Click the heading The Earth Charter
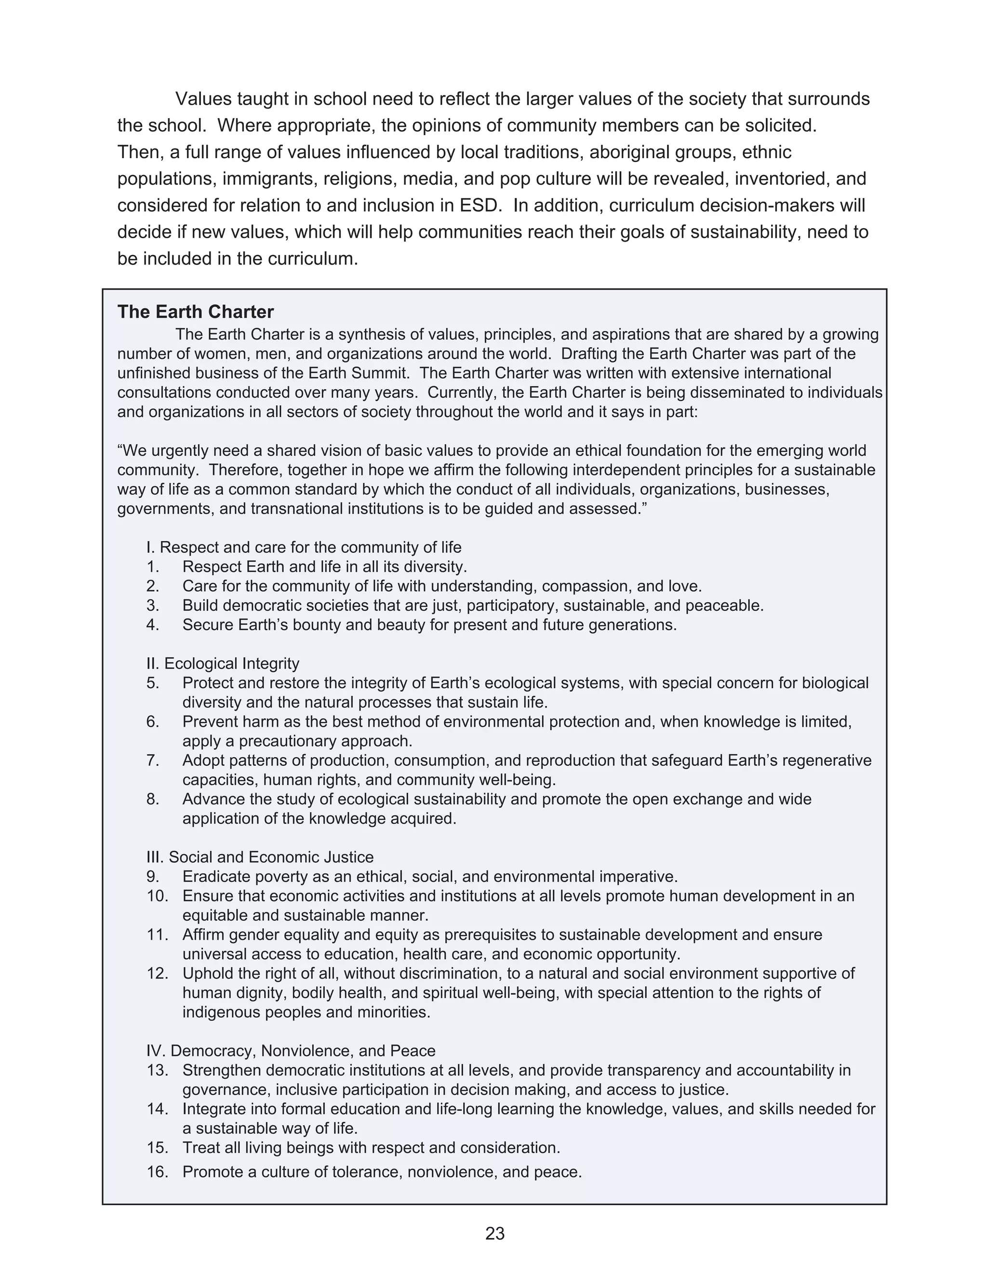click(195, 312)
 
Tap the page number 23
click(494, 1233)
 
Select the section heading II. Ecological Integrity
click(223, 664)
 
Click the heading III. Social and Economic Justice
click(260, 857)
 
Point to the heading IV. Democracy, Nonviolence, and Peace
click(291, 1051)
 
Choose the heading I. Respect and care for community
click(304, 547)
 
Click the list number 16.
click(157, 1172)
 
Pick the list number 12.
click(157, 973)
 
